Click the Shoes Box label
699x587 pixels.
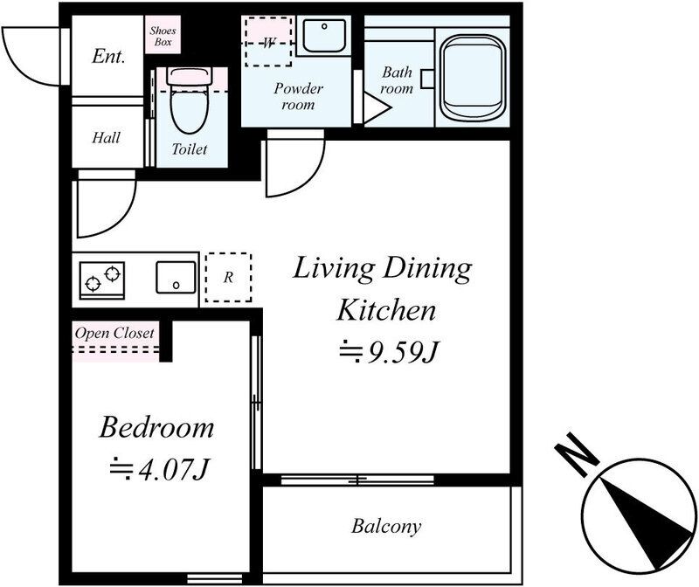tap(163, 36)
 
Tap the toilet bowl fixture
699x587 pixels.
tap(190, 100)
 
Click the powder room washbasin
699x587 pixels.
tap(324, 35)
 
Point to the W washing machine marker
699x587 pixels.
tap(268, 42)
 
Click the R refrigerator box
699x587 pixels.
tap(228, 277)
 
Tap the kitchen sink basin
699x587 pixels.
tap(176, 277)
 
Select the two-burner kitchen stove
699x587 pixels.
tap(102, 280)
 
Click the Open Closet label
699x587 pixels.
tap(114, 333)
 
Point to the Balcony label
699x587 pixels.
tap(386, 527)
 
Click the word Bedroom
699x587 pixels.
tap(156, 427)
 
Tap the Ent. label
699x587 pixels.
tap(108, 56)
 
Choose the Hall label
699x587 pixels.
tap(106, 137)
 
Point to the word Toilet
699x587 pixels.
tap(190, 148)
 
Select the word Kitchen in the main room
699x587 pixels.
tap(386, 310)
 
